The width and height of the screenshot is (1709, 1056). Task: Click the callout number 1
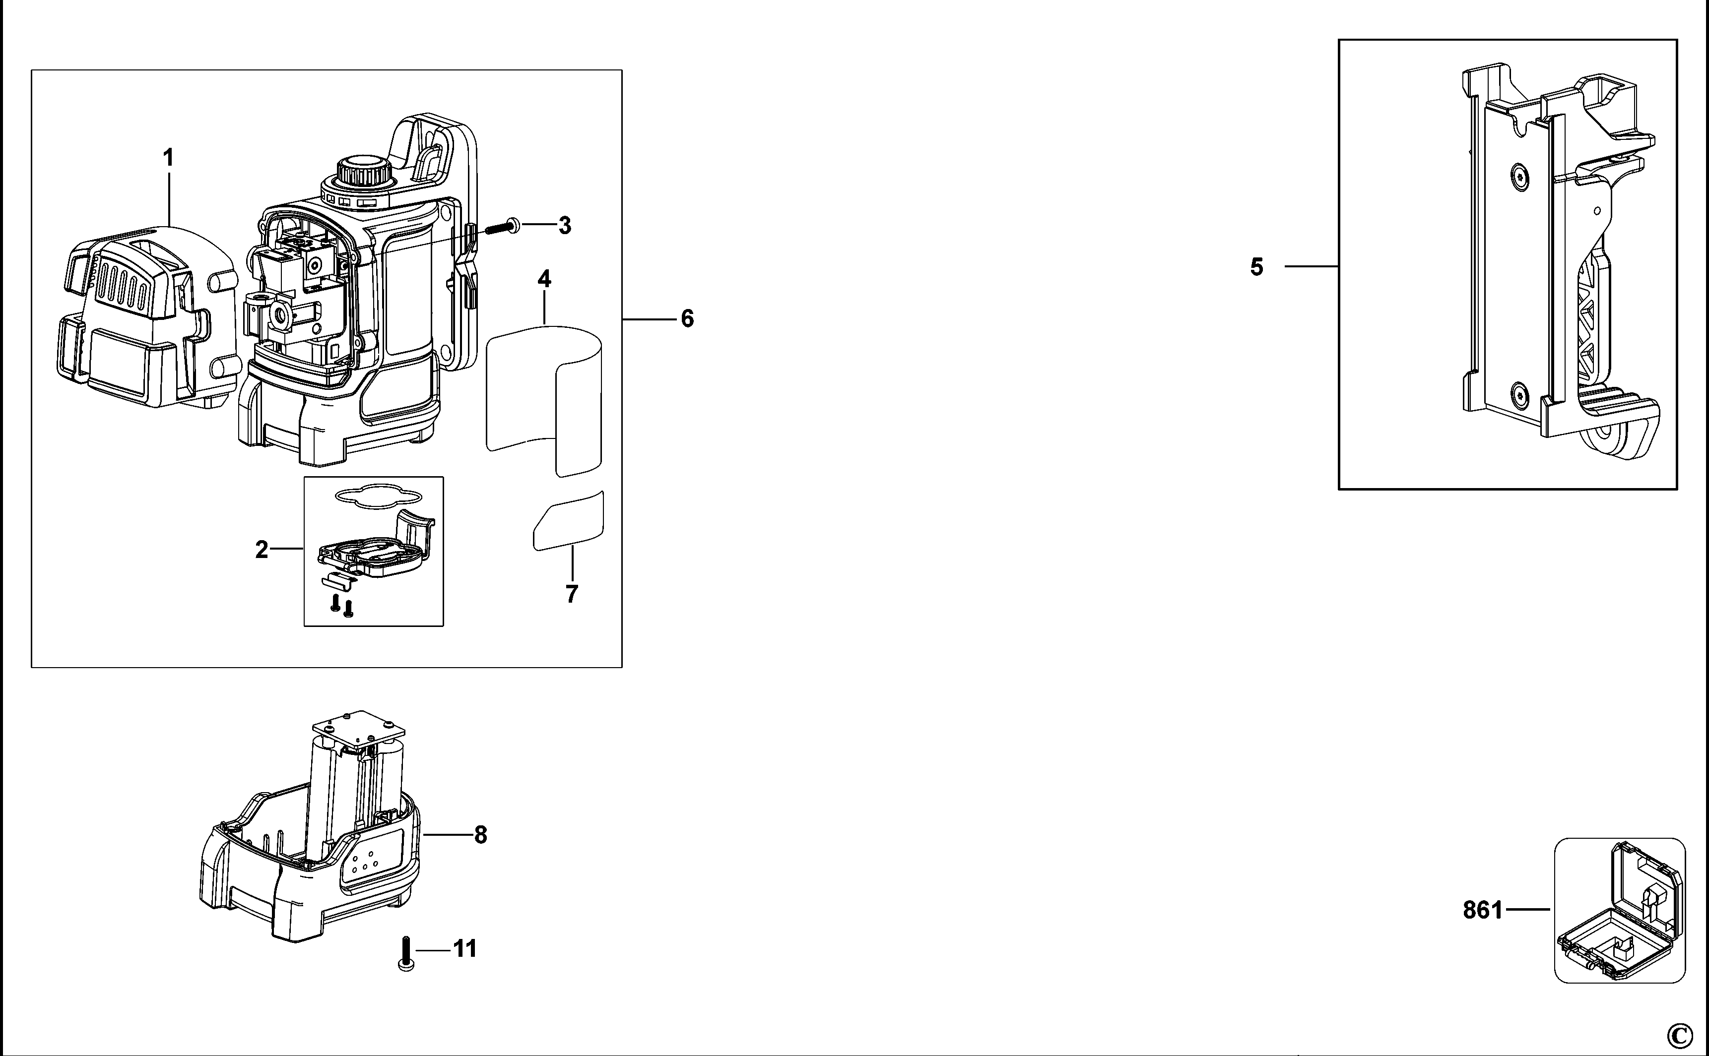(168, 158)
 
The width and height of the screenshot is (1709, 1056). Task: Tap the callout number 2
(262, 551)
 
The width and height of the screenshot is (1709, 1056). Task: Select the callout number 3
(565, 226)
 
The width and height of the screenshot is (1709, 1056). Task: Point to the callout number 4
(544, 279)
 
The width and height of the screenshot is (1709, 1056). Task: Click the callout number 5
(1257, 267)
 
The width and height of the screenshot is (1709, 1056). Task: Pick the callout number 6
(687, 319)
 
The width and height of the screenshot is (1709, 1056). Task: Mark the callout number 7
(572, 594)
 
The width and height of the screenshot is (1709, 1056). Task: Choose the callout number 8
(481, 835)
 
